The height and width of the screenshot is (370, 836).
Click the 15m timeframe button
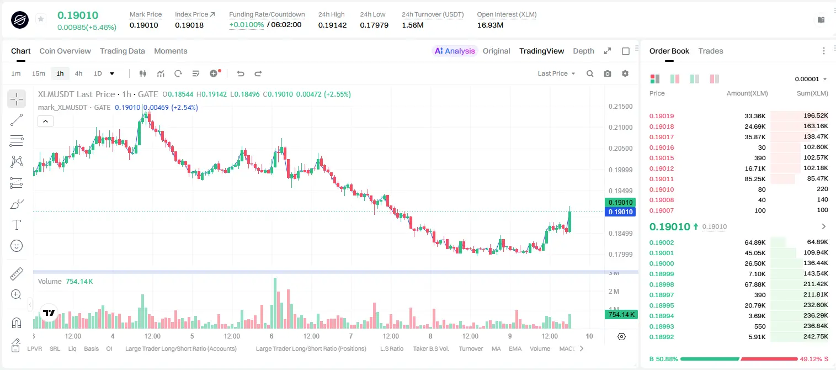pos(39,73)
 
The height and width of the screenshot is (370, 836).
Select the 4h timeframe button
pos(78,73)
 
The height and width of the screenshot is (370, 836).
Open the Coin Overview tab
pos(65,51)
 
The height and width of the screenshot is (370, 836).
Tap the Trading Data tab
pos(123,51)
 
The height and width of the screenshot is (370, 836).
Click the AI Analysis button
pos(455,51)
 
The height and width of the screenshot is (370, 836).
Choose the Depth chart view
pos(583,51)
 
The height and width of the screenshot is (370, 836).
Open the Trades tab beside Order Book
pos(711,51)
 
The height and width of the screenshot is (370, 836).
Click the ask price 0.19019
pos(662,116)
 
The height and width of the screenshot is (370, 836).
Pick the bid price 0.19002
pos(662,242)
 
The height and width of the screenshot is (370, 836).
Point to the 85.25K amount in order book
pos(755,179)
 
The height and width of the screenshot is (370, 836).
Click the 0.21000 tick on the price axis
pos(621,128)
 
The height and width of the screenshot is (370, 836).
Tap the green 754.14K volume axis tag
pos(621,315)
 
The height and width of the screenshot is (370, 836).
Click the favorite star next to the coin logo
pos(41,19)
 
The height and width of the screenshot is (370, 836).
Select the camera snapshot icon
pos(608,73)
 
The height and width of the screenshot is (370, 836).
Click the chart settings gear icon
pos(625,73)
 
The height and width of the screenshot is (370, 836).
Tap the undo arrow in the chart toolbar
pos(241,73)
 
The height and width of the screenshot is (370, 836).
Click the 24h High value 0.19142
pos(332,25)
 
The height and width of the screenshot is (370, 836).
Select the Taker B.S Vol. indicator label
pos(430,348)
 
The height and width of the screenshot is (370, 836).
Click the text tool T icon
pos(17,225)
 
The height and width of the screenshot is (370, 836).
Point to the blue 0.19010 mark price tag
pos(620,212)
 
